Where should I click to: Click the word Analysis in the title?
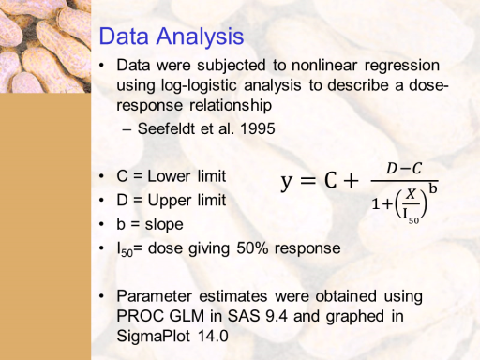(200, 37)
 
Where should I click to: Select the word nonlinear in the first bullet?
(324, 66)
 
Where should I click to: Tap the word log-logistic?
(199, 85)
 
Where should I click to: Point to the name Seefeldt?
(166, 128)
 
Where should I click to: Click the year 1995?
(258, 128)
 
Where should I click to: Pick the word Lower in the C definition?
(169, 176)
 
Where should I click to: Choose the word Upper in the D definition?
(170, 201)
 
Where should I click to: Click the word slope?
(164, 224)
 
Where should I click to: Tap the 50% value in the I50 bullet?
(252, 248)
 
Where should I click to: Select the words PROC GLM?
(160, 316)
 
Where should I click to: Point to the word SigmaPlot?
(153, 337)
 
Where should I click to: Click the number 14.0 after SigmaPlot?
(213, 337)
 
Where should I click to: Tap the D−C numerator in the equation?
(404, 169)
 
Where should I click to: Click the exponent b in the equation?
(433, 188)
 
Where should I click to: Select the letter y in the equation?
(287, 182)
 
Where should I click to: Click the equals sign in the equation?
(308, 181)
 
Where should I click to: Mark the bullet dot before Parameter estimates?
(101, 296)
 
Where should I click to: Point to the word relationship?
(231, 105)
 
